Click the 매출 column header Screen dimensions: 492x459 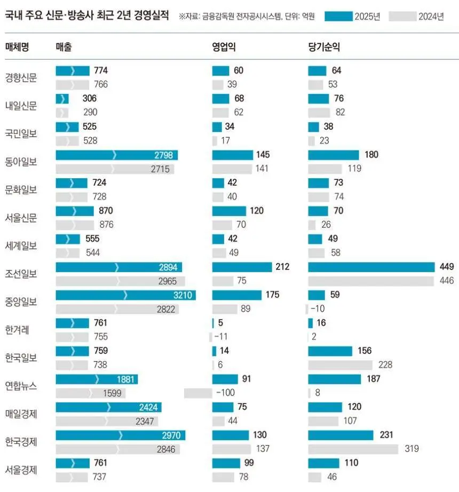(x=64, y=47)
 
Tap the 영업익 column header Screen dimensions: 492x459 (x=224, y=47)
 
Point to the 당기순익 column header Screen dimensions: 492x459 (x=323, y=47)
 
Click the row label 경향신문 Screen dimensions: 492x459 (x=21, y=77)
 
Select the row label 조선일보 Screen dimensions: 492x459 (x=21, y=274)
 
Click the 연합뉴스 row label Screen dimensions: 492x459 (x=21, y=386)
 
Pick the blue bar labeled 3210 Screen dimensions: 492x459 (x=125, y=295)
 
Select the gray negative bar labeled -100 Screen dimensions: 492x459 (x=198, y=393)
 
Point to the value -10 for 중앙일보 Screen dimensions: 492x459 (x=318, y=309)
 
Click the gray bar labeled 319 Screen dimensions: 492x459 (x=353, y=449)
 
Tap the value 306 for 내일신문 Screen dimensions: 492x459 (x=90, y=99)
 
